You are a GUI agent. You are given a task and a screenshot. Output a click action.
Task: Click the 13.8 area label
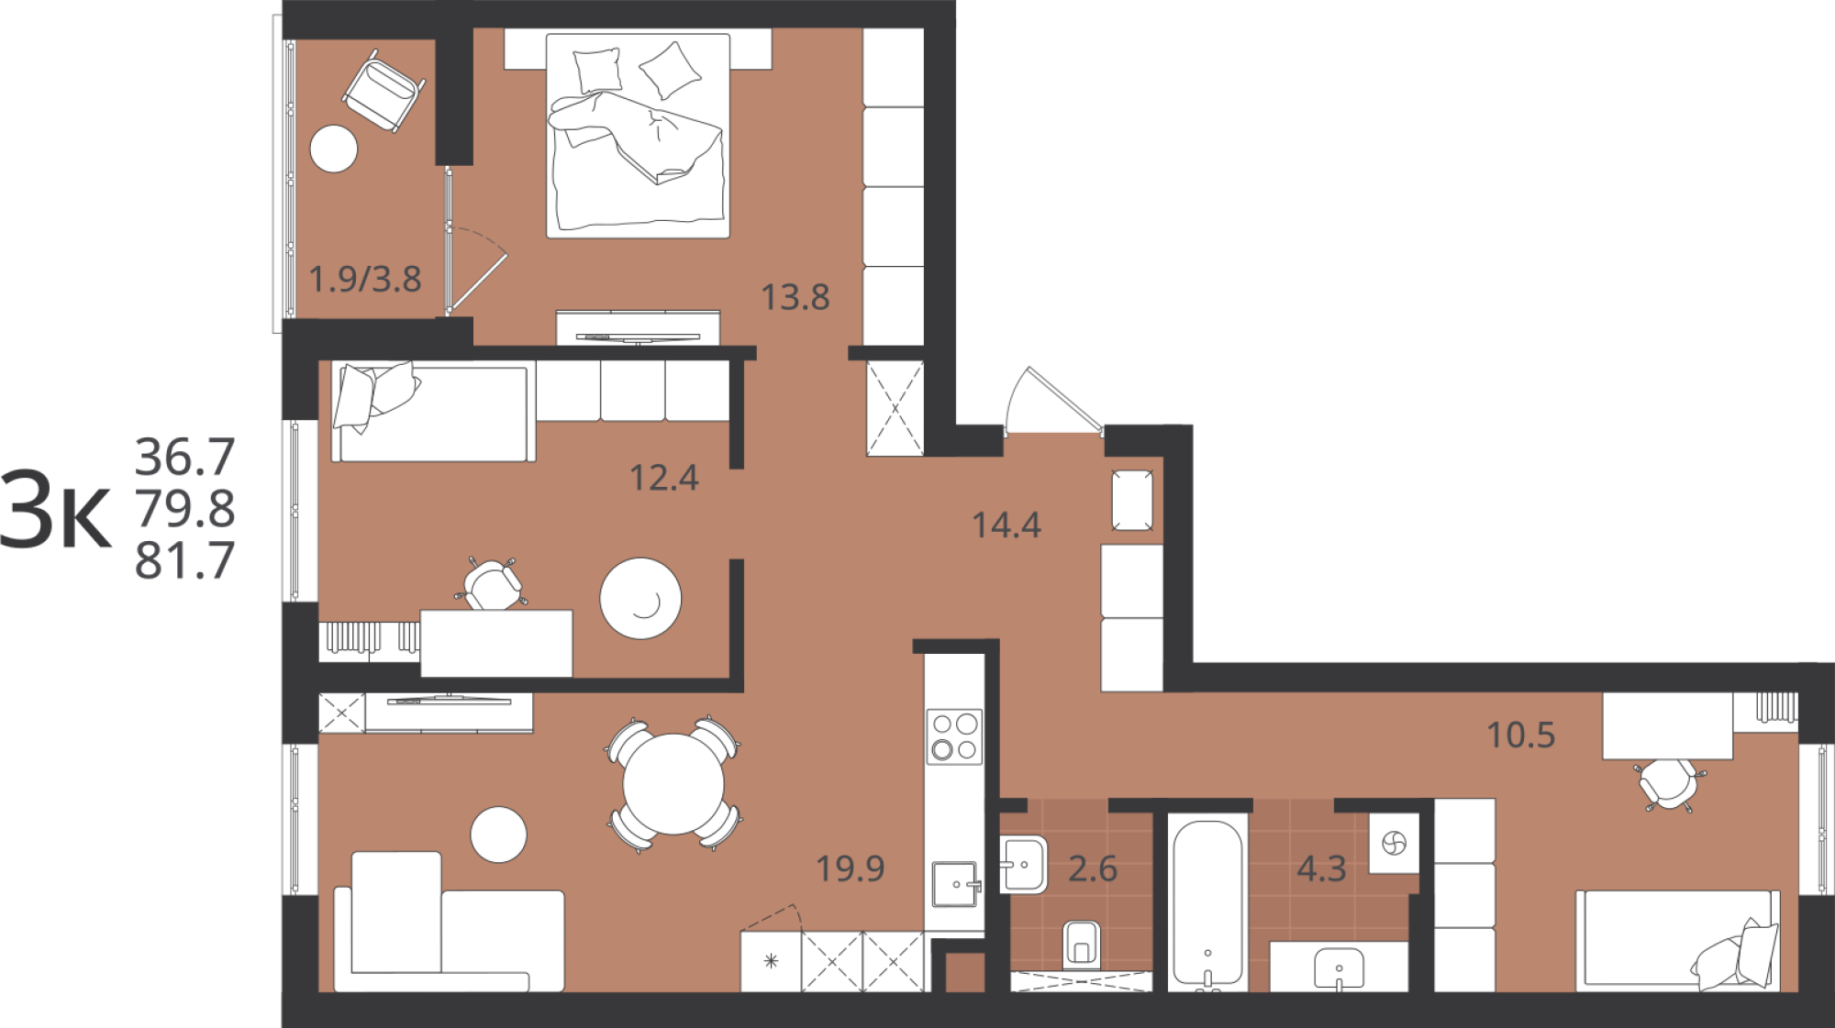(x=795, y=297)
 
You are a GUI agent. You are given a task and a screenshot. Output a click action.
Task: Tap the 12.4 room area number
(x=664, y=478)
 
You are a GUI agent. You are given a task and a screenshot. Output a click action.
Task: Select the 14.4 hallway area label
(x=1006, y=525)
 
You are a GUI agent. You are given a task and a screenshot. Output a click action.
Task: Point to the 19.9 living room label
(x=851, y=868)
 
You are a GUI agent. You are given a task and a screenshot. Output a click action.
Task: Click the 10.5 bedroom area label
(x=1521, y=735)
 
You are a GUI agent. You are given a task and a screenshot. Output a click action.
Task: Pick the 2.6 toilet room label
(x=1093, y=868)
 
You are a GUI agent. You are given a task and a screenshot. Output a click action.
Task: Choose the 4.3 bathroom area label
(x=1321, y=868)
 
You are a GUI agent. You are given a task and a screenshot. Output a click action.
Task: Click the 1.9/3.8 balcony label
(x=365, y=279)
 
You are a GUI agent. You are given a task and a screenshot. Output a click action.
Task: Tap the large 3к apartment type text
(x=55, y=510)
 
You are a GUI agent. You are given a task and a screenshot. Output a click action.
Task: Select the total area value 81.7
(x=185, y=560)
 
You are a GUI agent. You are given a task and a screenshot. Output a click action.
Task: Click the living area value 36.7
(x=185, y=456)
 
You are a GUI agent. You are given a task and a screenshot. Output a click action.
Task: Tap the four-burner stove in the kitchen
(x=954, y=736)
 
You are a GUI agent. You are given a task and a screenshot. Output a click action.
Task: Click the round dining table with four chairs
(x=673, y=784)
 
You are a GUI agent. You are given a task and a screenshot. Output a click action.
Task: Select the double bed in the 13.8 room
(x=639, y=136)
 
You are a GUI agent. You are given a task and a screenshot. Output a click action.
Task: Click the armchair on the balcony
(x=384, y=90)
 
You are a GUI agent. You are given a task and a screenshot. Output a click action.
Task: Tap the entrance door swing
(x=1053, y=401)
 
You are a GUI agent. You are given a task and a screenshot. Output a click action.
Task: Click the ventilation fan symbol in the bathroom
(x=1394, y=843)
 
